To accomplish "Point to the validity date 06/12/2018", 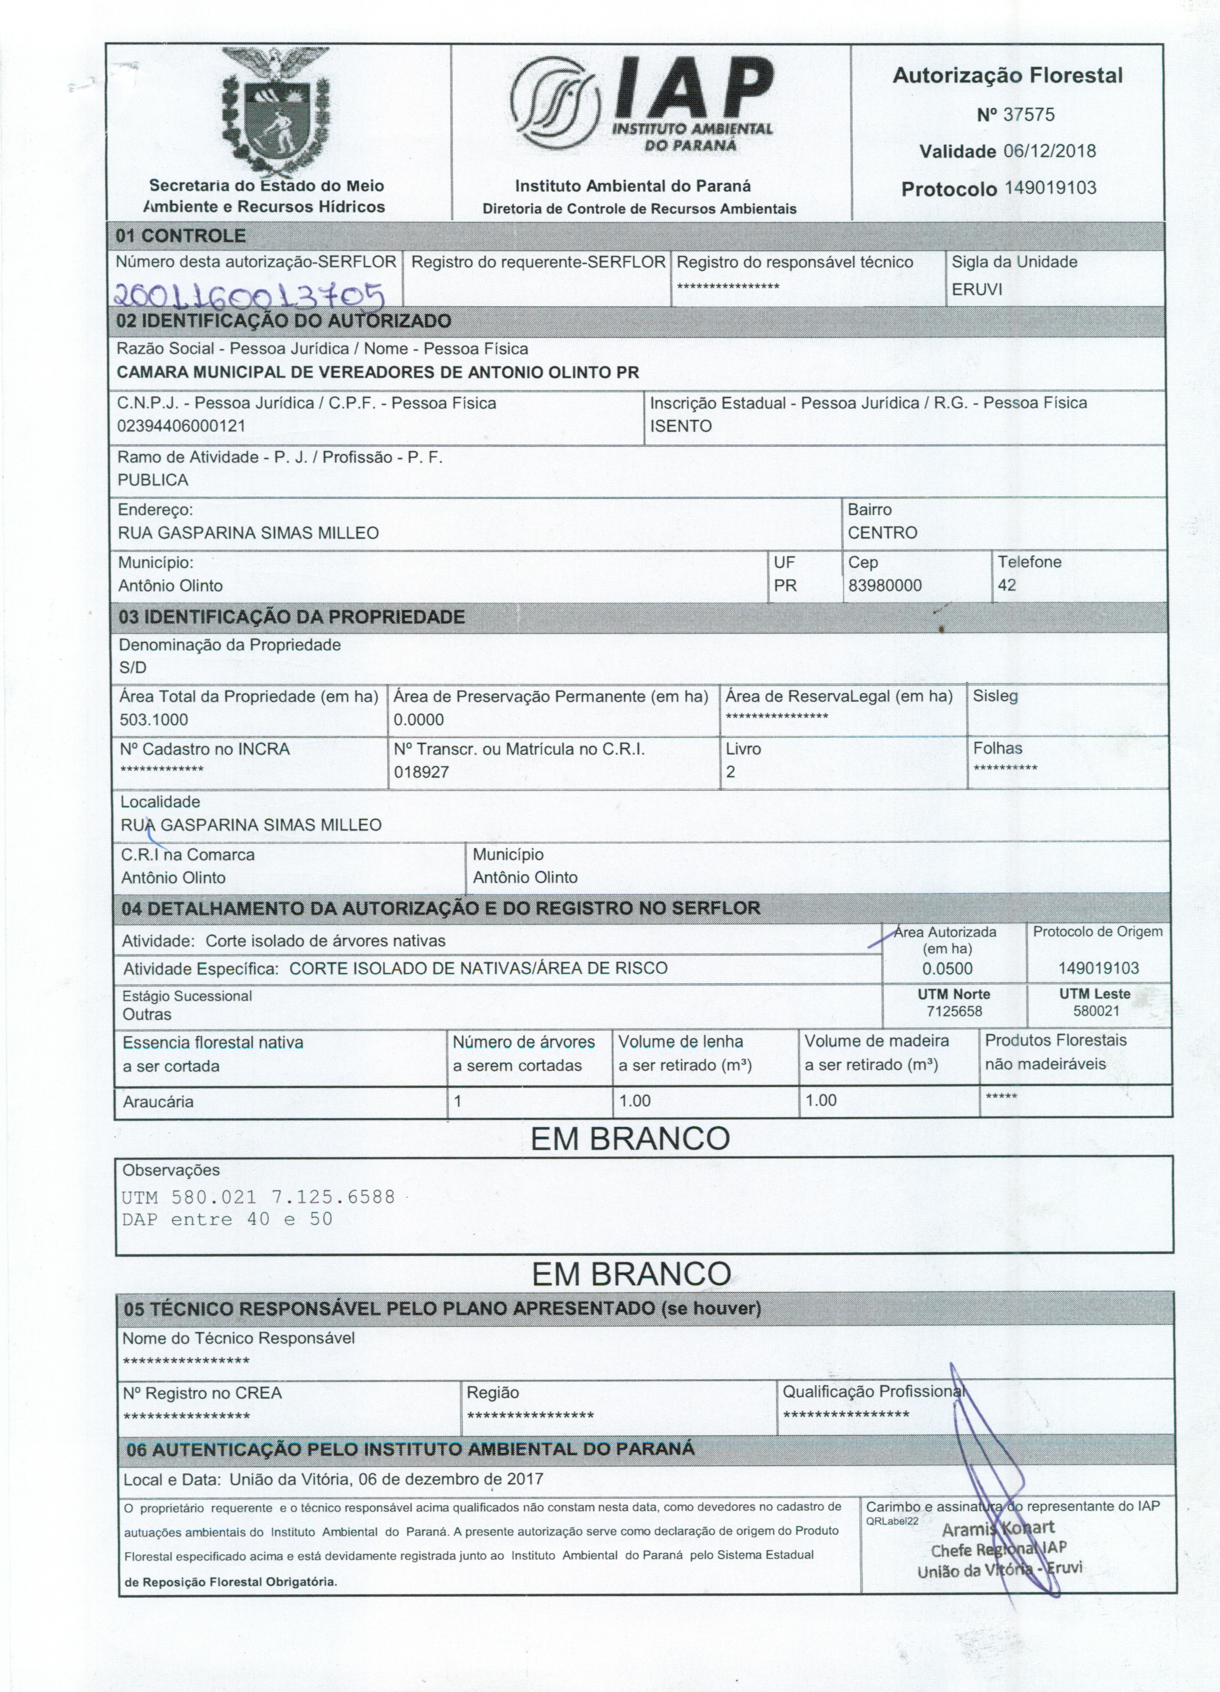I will pos(1049,152).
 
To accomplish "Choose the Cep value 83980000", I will pos(884,586).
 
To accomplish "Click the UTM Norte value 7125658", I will pos(954,1012).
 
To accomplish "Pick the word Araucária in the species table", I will pos(158,1102).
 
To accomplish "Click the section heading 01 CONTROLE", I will pos(181,236).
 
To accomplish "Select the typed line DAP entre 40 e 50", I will pos(227,1220).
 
